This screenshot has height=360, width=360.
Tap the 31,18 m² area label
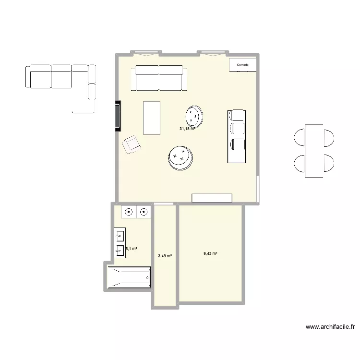[x=186, y=129]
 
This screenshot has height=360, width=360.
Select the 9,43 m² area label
[x=210, y=254]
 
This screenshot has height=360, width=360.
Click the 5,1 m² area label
[x=132, y=249]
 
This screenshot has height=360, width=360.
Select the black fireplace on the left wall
[x=118, y=116]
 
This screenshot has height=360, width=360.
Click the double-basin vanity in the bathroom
[x=120, y=243]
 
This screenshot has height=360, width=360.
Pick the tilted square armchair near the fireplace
[x=132, y=144]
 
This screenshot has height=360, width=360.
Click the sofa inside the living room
[x=159, y=78]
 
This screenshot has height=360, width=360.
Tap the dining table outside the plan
[x=314, y=151]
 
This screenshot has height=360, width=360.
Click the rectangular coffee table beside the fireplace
[x=152, y=118]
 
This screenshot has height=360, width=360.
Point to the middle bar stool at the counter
[x=238, y=128]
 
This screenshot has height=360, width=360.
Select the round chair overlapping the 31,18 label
[x=195, y=115]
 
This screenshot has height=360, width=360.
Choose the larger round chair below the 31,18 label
[x=181, y=158]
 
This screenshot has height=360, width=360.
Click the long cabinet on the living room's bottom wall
[x=212, y=198]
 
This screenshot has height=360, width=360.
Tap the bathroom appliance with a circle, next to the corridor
[x=144, y=211]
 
